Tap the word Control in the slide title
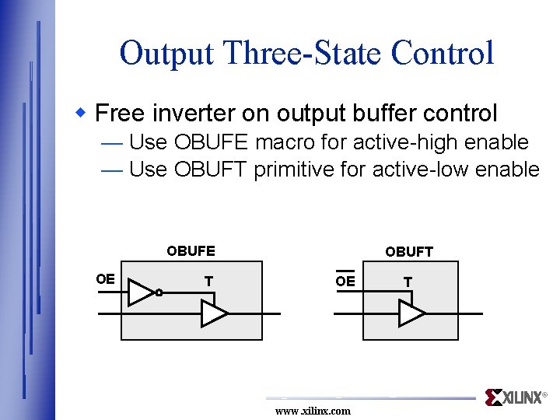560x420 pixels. (443, 54)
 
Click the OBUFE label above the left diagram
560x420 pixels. (191, 251)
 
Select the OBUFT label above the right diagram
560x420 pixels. (409, 251)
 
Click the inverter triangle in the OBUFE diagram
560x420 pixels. (140, 292)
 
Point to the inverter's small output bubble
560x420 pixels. (158, 293)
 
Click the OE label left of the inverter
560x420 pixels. (105, 279)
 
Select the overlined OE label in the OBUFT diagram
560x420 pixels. (345, 281)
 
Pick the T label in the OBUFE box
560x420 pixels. (208, 281)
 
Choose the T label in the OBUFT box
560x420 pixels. (408, 281)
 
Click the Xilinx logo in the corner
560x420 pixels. (515, 397)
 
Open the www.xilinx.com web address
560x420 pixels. (313, 411)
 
